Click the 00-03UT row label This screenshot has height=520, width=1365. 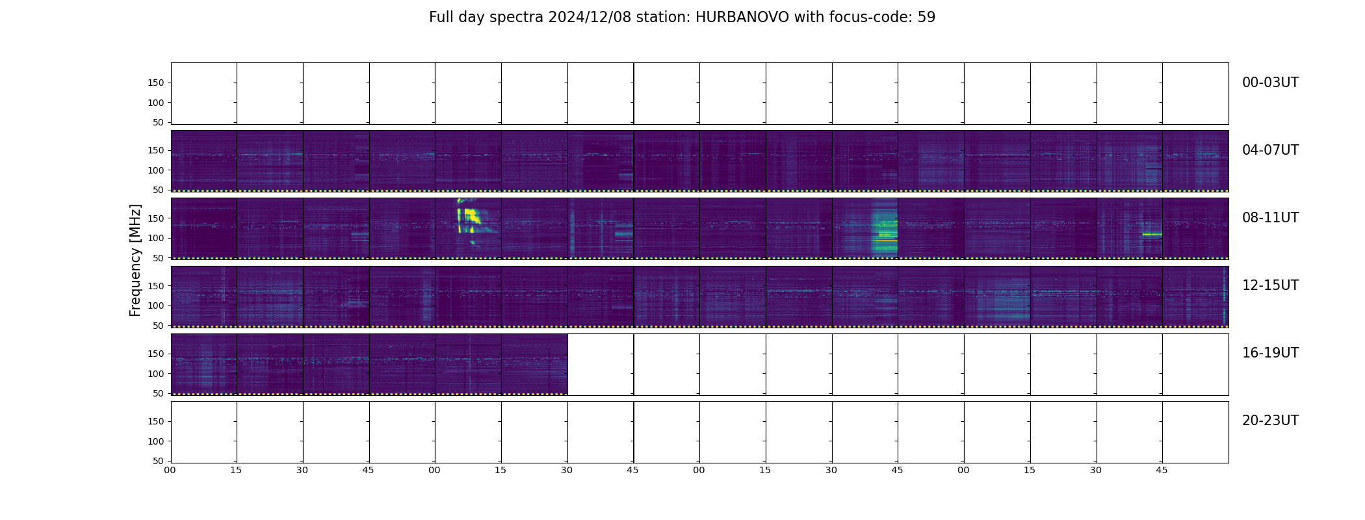click(x=1270, y=83)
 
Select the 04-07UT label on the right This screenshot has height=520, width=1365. click(x=1270, y=150)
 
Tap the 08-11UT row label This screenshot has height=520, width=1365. click(x=1270, y=218)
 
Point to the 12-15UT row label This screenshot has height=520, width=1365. click(x=1270, y=285)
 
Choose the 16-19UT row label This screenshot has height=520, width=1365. click(x=1270, y=353)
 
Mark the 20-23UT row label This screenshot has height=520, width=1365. click(x=1270, y=421)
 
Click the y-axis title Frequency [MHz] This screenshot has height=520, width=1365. click(x=135, y=260)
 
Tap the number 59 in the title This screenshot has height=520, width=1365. click(x=926, y=18)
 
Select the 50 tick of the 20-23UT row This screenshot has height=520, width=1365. click(x=159, y=461)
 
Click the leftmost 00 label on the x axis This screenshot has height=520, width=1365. click(x=170, y=470)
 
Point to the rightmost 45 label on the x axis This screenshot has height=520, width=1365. click(x=1162, y=470)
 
